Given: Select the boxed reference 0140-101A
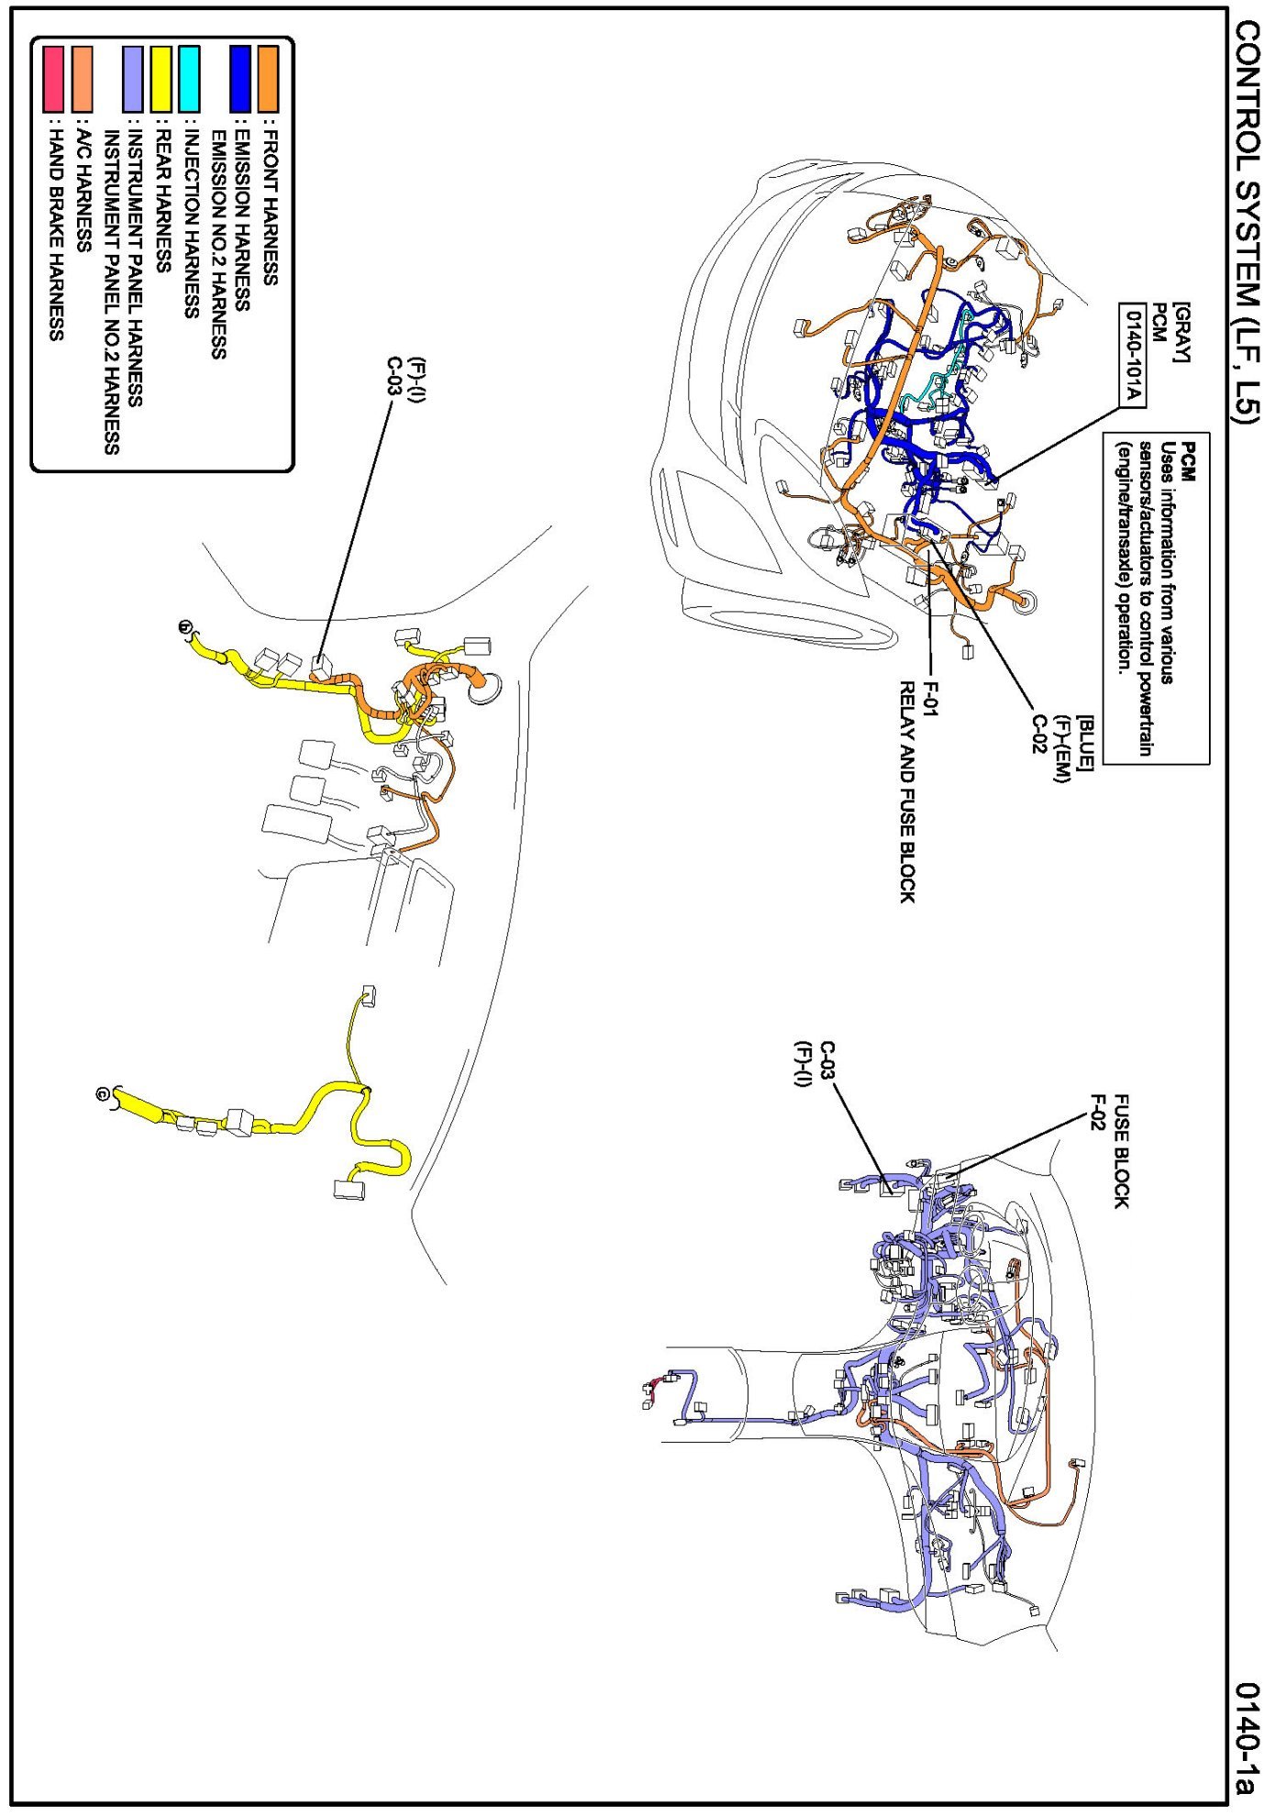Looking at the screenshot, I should [1132, 354].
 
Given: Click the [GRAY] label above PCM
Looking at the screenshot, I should [1181, 332].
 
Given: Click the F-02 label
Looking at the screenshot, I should [1097, 1112].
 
